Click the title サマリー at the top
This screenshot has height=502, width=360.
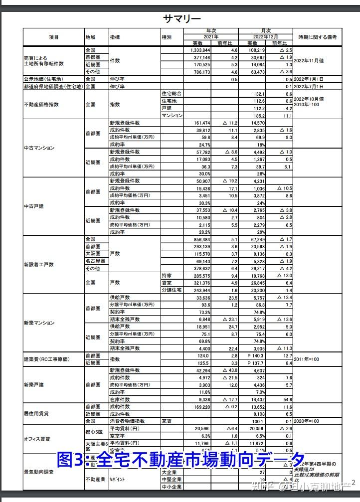182,19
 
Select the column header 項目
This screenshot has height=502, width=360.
54,37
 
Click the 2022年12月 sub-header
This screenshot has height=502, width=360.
265,37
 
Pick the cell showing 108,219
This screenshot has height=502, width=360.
255,50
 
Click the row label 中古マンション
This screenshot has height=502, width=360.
39,148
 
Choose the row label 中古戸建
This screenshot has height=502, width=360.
34,206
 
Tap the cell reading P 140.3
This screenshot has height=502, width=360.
256,356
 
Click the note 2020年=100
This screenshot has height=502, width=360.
308,421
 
